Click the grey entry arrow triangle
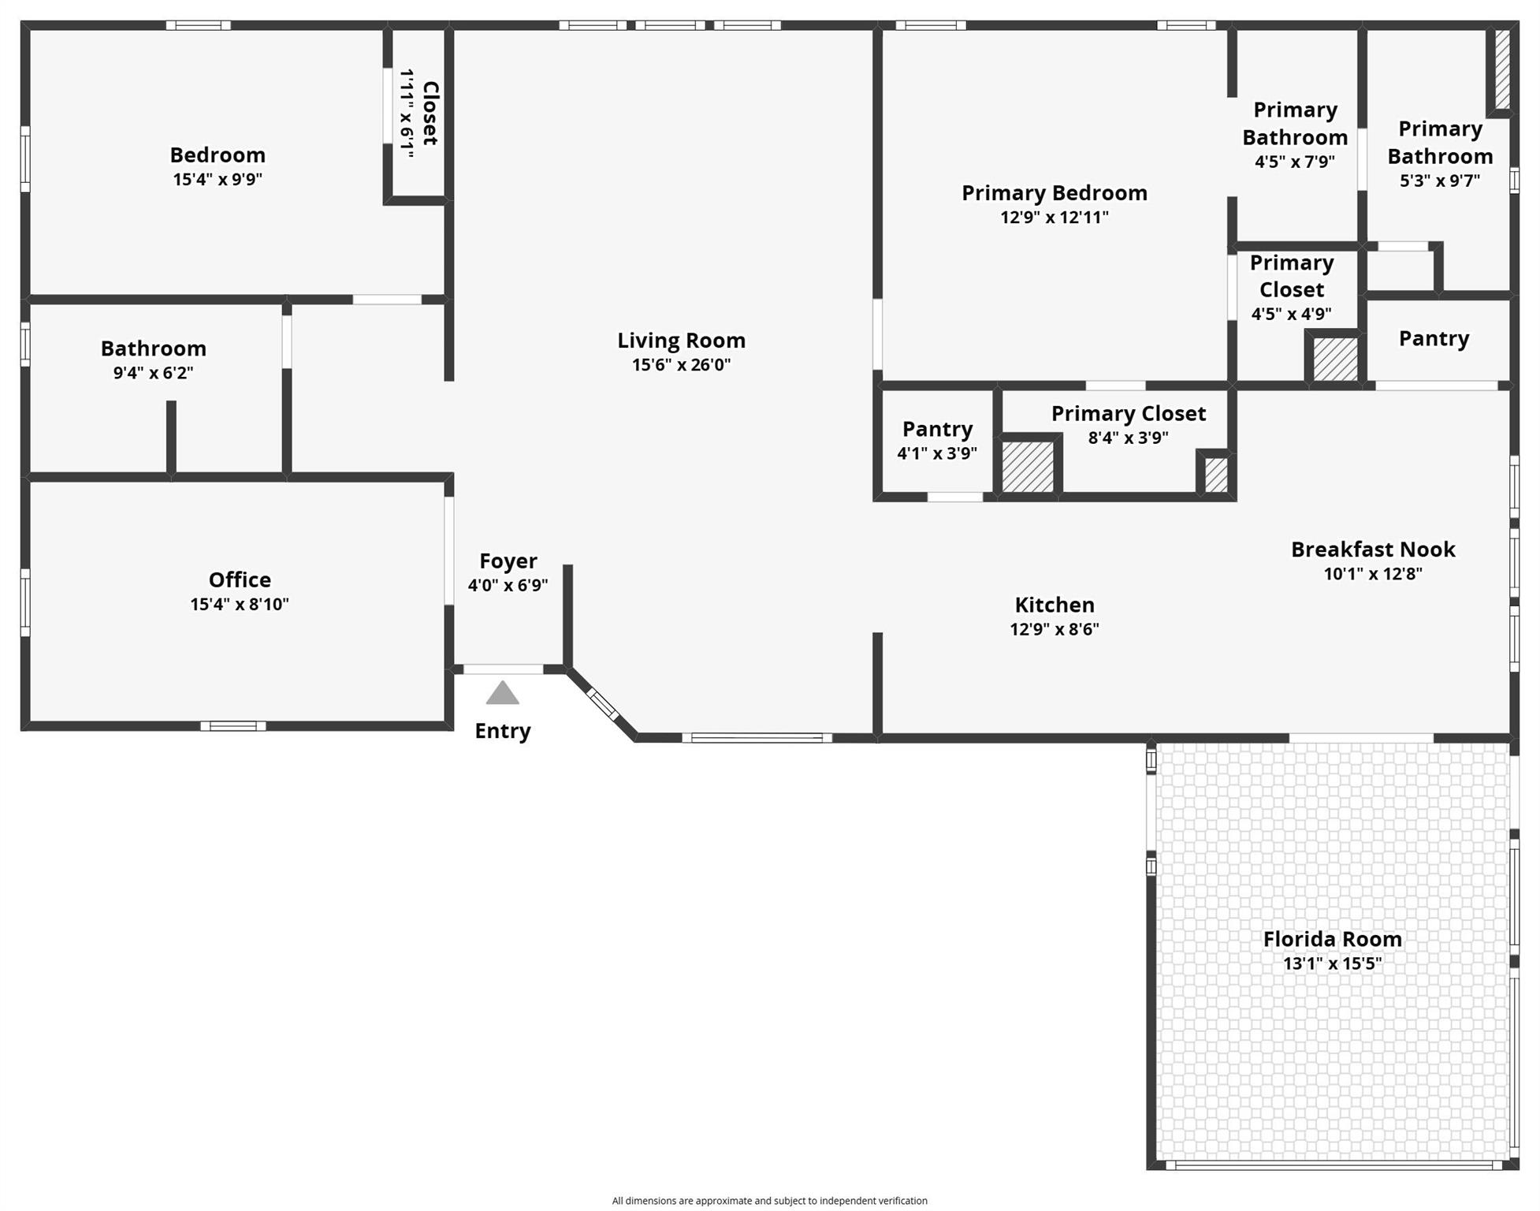point(502,694)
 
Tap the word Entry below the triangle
point(502,731)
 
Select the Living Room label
point(681,341)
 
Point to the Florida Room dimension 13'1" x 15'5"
point(1332,963)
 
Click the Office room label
point(240,580)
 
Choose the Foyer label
point(508,561)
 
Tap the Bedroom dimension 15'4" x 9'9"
point(218,179)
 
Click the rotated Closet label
point(430,113)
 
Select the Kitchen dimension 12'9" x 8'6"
point(1054,629)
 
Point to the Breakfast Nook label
point(1372,550)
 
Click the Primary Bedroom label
point(1054,193)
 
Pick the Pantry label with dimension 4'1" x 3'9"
point(937,430)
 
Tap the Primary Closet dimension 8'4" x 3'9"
point(1128,438)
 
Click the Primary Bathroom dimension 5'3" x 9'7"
point(1439,181)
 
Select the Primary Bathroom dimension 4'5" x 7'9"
point(1294,162)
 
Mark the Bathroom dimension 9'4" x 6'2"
point(153,373)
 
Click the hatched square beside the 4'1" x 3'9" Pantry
point(1028,467)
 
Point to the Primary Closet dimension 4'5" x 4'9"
point(1291,314)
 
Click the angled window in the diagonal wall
point(604,704)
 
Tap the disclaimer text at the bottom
point(769,1201)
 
